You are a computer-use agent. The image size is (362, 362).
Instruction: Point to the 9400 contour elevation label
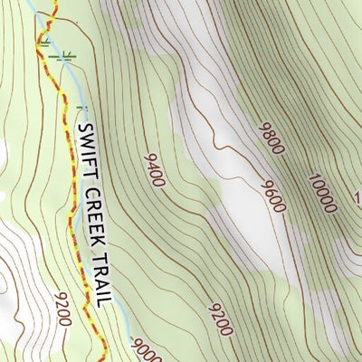[154, 170]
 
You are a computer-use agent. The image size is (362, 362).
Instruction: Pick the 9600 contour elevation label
[272, 196]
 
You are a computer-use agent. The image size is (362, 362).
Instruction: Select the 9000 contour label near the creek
[145, 349]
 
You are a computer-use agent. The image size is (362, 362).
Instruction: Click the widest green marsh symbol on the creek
[62, 57]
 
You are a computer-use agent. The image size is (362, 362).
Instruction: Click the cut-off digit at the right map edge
[357, 196]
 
